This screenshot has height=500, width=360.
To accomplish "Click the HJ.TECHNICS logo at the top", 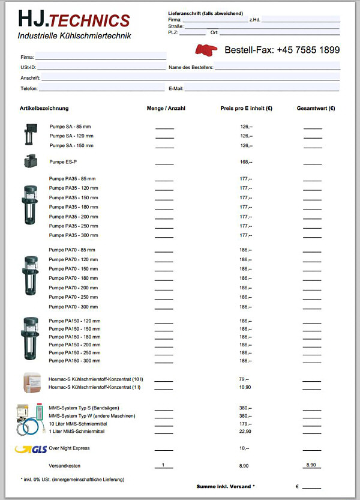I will point(73,20).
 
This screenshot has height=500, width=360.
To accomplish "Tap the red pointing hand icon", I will point(208,50).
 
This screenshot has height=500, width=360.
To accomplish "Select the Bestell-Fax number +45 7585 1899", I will point(282,50).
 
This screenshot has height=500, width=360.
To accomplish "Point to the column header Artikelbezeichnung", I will point(44,109).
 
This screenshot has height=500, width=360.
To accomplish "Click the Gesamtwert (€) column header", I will point(316,109).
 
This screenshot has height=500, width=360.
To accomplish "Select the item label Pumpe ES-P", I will point(63,162).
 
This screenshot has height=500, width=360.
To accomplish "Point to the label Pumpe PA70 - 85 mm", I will point(72,250).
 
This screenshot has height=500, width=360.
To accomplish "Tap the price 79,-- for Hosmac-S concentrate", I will point(244,379).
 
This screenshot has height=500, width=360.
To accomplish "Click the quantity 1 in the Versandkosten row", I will point(163,465).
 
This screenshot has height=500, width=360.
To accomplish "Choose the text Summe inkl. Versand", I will point(226,486).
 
